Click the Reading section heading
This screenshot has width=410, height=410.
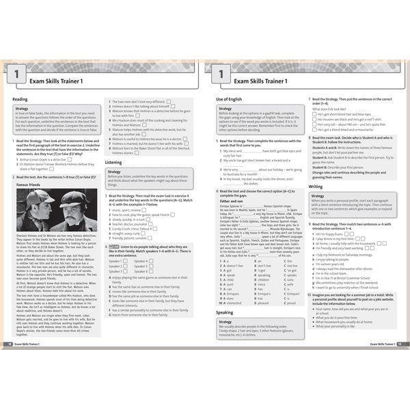tap(20, 98)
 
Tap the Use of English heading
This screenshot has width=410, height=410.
tap(230, 98)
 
